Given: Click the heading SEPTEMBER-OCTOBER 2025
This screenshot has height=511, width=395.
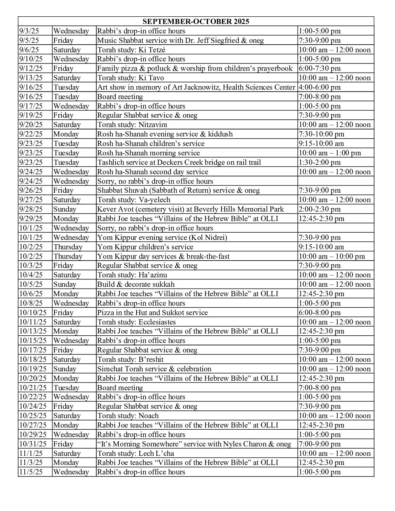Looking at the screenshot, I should coord(196,21).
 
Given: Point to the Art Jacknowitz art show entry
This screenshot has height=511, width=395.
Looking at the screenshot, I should coord(196,87).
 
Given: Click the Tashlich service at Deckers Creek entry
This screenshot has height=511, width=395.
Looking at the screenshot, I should coord(179,162).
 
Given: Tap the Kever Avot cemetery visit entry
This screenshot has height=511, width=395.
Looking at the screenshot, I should coord(191,209).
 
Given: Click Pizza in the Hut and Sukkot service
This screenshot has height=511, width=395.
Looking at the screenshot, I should coord(152,312).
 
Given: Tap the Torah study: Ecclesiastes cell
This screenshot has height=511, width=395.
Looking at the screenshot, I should coord(137,322).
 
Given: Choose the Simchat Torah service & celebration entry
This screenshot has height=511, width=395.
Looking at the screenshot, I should coord(154,369).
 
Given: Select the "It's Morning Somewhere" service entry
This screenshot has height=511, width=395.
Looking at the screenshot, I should coord(194,444).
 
